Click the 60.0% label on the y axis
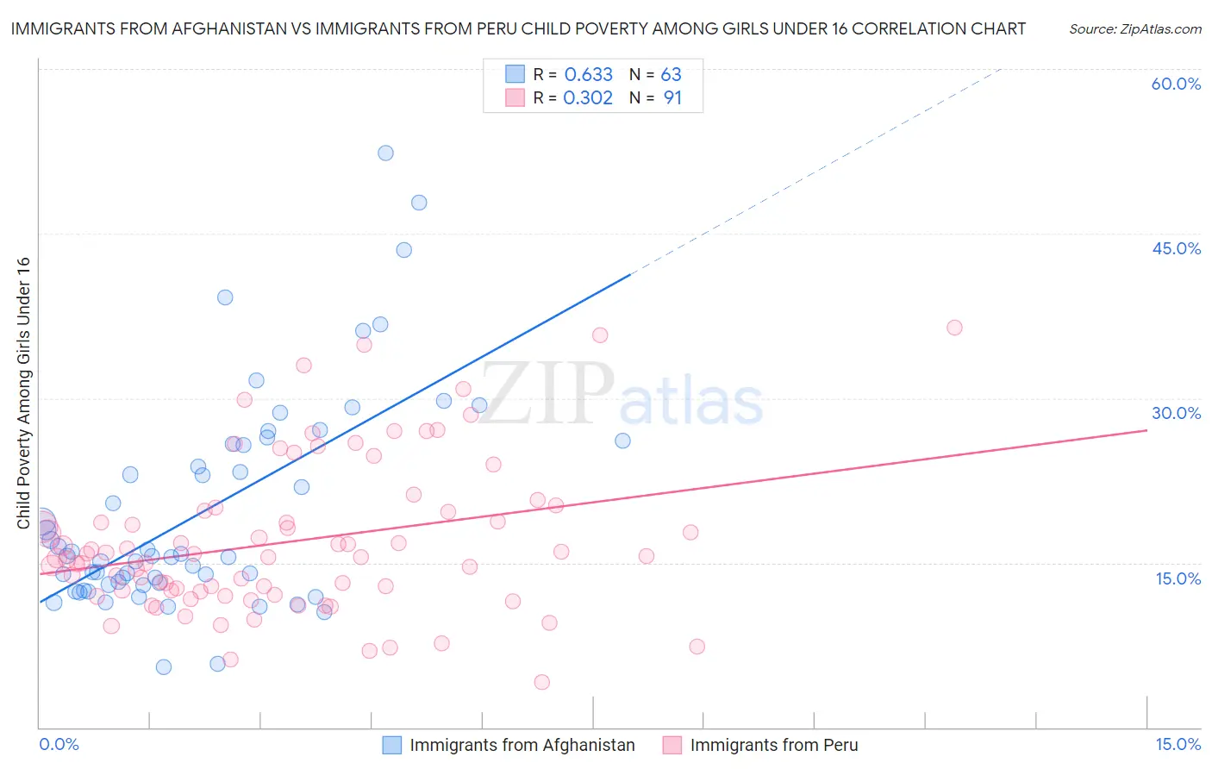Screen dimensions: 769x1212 (x=1176, y=84)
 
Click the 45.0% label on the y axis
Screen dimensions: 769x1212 (x=1176, y=248)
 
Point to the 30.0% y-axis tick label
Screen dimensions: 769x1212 (x=1176, y=413)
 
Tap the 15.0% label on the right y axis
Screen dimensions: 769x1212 (x=1178, y=578)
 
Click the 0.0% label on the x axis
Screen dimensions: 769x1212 (x=59, y=744)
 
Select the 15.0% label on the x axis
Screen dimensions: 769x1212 (x=1178, y=744)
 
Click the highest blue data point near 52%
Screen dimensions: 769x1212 (x=385, y=153)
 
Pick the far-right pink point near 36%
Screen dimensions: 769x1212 (x=954, y=328)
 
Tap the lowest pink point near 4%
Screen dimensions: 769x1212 (x=542, y=682)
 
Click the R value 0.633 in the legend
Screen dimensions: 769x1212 (x=588, y=75)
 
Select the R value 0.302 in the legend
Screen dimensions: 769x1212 (x=588, y=98)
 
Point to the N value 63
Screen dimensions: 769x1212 (x=671, y=75)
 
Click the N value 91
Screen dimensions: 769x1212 (x=672, y=98)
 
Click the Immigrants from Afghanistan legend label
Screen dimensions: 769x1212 (x=522, y=745)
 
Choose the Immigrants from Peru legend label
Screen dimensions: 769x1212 (x=773, y=745)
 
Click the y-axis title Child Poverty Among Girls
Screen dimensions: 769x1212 (x=23, y=392)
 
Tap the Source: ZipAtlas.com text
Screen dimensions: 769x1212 (x=1134, y=29)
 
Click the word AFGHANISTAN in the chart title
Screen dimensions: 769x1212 (x=222, y=28)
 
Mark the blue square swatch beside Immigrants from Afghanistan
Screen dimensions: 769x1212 (x=392, y=745)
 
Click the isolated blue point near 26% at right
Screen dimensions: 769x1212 (x=622, y=441)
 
